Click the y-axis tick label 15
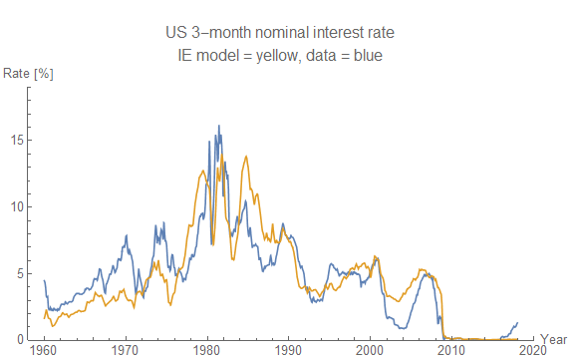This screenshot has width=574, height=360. point(17,140)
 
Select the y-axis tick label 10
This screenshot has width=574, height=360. point(17,206)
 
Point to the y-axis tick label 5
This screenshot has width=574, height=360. point(20,273)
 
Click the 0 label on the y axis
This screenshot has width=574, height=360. point(20,339)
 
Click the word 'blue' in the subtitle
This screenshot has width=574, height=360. point(370,55)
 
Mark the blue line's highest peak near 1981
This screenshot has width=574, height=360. point(219,126)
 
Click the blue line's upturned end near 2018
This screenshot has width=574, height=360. point(517,322)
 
